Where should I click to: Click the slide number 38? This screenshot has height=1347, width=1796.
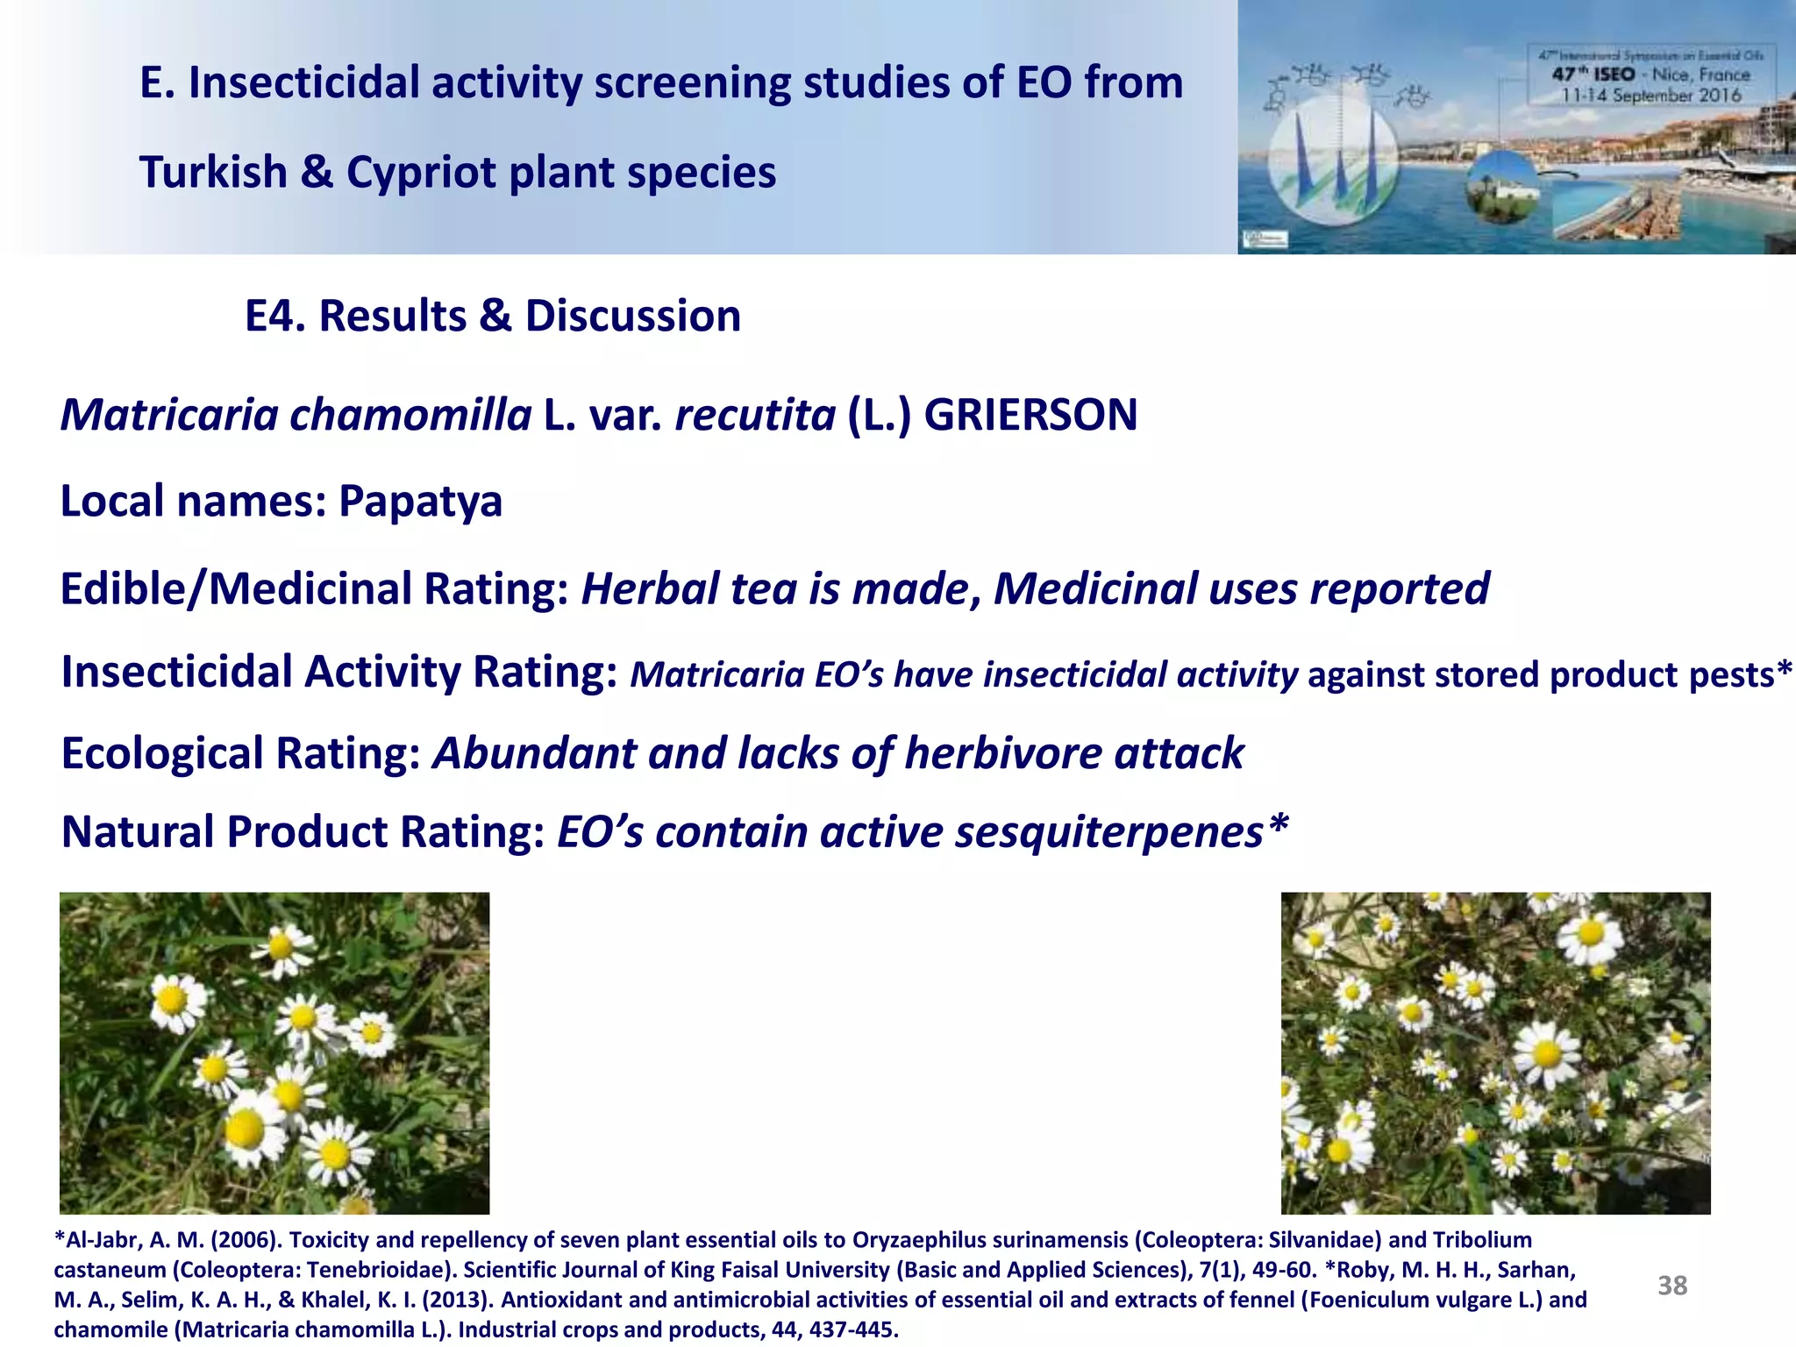tap(1671, 1286)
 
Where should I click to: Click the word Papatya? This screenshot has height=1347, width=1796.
tap(420, 502)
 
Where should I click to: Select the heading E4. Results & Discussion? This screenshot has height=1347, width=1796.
tap(492, 316)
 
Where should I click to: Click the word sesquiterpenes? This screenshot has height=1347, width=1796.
tap(1108, 832)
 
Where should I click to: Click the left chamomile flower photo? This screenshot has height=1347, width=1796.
tap(274, 1052)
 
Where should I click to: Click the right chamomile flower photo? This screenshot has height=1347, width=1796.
tap(1495, 1052)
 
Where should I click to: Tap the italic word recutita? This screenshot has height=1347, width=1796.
tap(754, 415)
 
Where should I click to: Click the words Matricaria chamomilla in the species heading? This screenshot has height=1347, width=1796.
tap(296, 415)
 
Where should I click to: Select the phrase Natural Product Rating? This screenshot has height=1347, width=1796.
tap(303, 832)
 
